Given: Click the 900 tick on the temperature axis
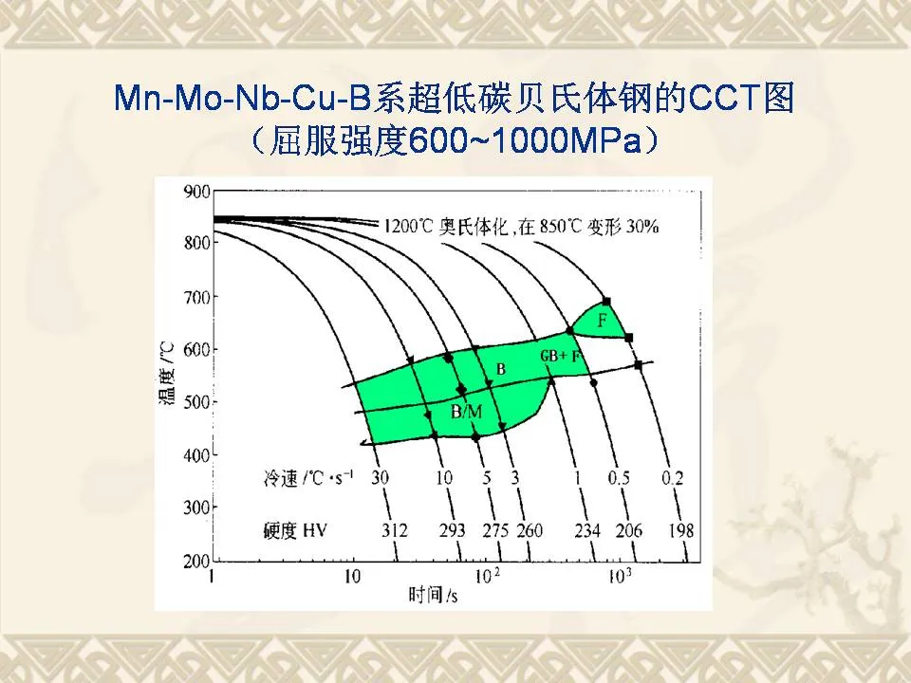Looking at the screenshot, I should coord(195,192).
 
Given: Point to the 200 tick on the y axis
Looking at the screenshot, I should coord(195,562).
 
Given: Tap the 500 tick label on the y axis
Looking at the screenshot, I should coord(195,403).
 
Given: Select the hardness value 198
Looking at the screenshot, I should coord(680,529).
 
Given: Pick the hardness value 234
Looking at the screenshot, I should coord(587,529).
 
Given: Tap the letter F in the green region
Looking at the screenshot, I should coord(602,323).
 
